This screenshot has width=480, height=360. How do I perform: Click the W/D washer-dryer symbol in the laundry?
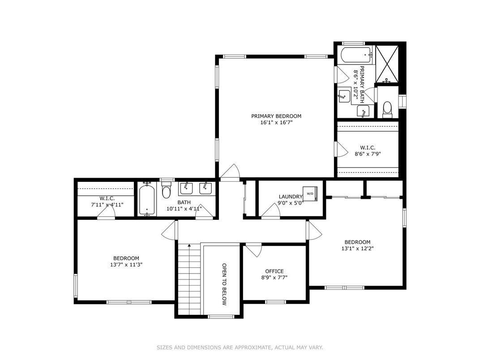(x=310, y=194)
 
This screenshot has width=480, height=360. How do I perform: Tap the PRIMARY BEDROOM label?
(x=276, y=116)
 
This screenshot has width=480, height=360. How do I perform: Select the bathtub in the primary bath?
(x=356, y=56)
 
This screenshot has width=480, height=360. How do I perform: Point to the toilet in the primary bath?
(x=387, y=108)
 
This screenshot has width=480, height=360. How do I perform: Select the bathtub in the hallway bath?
(x=147, y=200)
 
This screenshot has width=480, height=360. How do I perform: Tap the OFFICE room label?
(x=274, y=271)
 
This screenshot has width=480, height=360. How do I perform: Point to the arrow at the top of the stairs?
(x=189, y=245)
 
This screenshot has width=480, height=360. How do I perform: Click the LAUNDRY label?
(x=291, y=197)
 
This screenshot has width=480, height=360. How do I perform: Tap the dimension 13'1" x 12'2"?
(x=357, y=249)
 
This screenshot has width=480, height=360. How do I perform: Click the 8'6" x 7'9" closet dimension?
(x=367, y=154)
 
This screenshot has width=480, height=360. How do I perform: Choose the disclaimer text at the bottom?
(x=240, y=347)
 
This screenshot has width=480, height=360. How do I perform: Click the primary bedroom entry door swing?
(x=231, y=172)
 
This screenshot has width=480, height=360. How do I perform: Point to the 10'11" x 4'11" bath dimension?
(x=184, y=208)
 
